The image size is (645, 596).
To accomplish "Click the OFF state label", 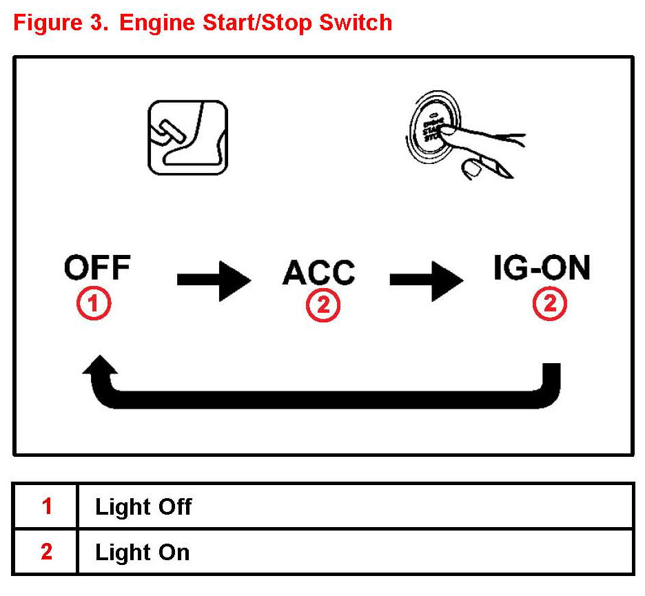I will coord(97,268).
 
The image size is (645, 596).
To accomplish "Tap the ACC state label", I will coord(318,273).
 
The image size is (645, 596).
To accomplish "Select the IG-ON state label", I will coord(542,269).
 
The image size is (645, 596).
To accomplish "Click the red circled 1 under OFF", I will coord(94,303).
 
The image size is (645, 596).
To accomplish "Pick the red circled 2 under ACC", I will coord(322,306).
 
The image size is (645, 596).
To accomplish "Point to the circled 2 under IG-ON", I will coord(550,303).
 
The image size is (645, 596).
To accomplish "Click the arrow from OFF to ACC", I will coord(214,280).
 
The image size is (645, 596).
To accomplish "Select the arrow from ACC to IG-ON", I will coord(427,280).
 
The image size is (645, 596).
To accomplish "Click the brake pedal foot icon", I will coord(187,137).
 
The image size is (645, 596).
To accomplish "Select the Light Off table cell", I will coord(143,507).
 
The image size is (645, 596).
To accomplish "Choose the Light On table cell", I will coord(142,553).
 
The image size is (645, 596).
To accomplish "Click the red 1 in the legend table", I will coord(46,507).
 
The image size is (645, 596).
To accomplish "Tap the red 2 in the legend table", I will coord(46,553).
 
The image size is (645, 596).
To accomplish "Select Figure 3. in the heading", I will coord(61,23).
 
